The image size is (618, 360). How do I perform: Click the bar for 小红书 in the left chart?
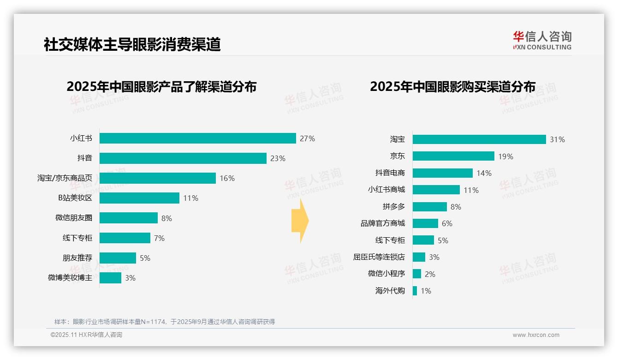click(197, 138)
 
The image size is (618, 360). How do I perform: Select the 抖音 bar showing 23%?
click(183, 158)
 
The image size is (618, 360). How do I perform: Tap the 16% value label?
click(227, 178)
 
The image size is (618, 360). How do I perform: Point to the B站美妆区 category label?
click(75, 198)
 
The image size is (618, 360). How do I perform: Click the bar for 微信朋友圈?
click(128, 218)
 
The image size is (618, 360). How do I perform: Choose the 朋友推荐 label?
click(77, 258)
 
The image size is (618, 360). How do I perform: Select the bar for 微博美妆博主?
click(110, 278)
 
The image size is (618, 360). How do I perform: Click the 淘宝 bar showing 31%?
click(479, 139)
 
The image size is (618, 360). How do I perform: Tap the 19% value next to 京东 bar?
click(505, 156)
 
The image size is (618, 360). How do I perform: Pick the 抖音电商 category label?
click(390, 173)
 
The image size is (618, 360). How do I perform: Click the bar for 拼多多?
click(429, 207)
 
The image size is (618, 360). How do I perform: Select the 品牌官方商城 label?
click(382, 223)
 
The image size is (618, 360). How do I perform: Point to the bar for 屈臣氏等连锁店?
click(419, 257)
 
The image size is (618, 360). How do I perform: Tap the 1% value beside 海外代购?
click(426, 291)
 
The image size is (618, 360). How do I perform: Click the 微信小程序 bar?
click(417, 274)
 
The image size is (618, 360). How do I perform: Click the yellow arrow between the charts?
click(300, 221)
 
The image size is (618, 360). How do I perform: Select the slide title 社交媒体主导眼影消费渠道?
click(132, 44)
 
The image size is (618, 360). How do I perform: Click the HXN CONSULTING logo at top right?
click(542, 40)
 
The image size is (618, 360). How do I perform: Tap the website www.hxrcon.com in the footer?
click(535, 335)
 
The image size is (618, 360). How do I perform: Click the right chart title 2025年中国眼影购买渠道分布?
click(452, 87)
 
